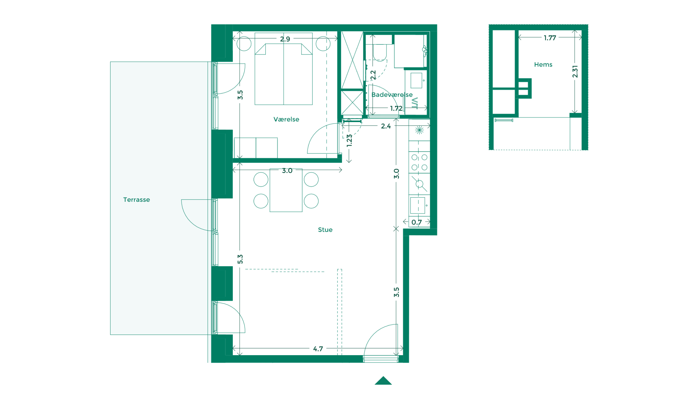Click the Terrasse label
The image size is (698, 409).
coord(136,200)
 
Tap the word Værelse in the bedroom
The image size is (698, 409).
coord(286,119)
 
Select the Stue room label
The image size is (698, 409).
coord(325,230)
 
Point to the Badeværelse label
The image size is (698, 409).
coord(392,95)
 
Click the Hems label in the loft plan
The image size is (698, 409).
coord(543,65)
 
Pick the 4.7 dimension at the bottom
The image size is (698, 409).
coord(318,349)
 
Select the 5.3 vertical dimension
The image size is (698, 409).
coord(240,259)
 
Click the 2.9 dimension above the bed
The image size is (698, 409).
coord(285,39)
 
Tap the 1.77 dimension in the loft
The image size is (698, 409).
coord(550,38)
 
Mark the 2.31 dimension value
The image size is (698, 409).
coord(575,72)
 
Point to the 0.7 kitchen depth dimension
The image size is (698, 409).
coord(417,222)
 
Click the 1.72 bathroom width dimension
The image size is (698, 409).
coord(396,108)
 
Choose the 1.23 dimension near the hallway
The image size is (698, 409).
coord(349,140)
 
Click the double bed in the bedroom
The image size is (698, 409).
coord(283,69)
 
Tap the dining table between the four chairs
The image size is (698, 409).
coord(286,190)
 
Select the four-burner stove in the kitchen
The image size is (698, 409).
coord(419,162)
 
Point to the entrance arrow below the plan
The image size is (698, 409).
coord(383,380)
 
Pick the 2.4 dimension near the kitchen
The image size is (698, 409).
coord(386,126)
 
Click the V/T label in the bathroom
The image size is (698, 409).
coord(415,103)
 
